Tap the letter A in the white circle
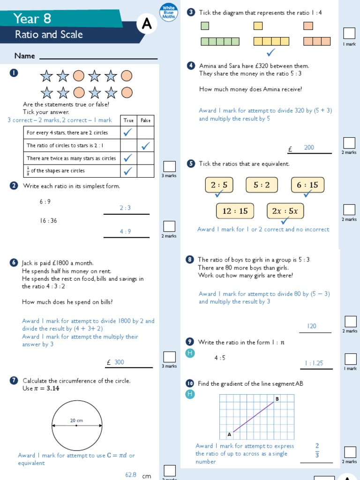coord(147,25)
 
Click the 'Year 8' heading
coord(32,18)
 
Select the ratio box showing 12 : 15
coord(234,211)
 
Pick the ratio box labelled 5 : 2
coord(262,185)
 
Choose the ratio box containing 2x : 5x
coord(285,211)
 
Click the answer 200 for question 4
coord(309,148)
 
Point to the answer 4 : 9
coord(125,232)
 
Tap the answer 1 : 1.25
coord(314,363)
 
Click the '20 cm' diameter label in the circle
coord(76,421)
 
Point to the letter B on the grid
coord(277,399)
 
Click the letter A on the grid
coord(229,434)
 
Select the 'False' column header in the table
coord(145,120)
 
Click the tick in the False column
coord(145,146)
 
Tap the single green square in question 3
coord(205,26)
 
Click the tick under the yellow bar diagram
coord(270,52)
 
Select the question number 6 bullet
coord(13,263)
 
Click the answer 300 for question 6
coord(120,362)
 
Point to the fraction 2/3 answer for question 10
coord(317,450)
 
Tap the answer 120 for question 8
coord(312,326)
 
